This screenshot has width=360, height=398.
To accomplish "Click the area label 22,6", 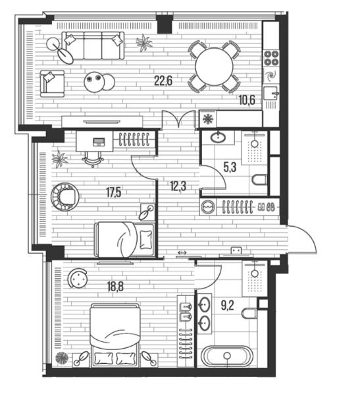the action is click(163, 81).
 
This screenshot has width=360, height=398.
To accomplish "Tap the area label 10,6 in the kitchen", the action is click(247, 100).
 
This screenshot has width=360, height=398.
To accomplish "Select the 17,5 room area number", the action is click(114, 192).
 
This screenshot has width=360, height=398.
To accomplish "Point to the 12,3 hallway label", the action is click(178, 186).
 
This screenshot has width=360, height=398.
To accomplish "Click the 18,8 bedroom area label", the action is click(115, 287).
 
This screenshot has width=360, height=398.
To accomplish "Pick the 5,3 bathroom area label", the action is click(230, 167).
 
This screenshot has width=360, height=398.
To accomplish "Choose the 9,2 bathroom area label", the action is click(228, 305).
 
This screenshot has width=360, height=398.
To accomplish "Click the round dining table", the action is click(215, 67).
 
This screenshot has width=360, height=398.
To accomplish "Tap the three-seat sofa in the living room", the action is click(93, 45).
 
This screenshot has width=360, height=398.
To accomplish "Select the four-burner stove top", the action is click(271, 58).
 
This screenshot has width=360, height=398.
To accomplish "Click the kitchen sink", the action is click(270, 93).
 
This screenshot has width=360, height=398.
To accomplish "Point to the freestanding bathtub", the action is click(228, 356).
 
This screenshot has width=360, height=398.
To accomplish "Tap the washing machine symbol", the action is click(208, 207).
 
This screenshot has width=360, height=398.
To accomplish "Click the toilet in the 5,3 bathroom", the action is click(259, 180).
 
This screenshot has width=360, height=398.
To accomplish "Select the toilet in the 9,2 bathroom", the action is click(249, 314).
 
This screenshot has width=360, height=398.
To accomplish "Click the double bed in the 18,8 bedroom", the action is click(115, 335).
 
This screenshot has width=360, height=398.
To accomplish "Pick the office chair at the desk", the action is click(93, 159).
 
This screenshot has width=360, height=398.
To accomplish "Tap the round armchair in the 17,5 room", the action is click(65, 196).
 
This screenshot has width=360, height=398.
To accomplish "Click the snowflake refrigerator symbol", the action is click(208, 119).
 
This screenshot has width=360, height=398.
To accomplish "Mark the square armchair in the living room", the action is click(52, 84).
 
